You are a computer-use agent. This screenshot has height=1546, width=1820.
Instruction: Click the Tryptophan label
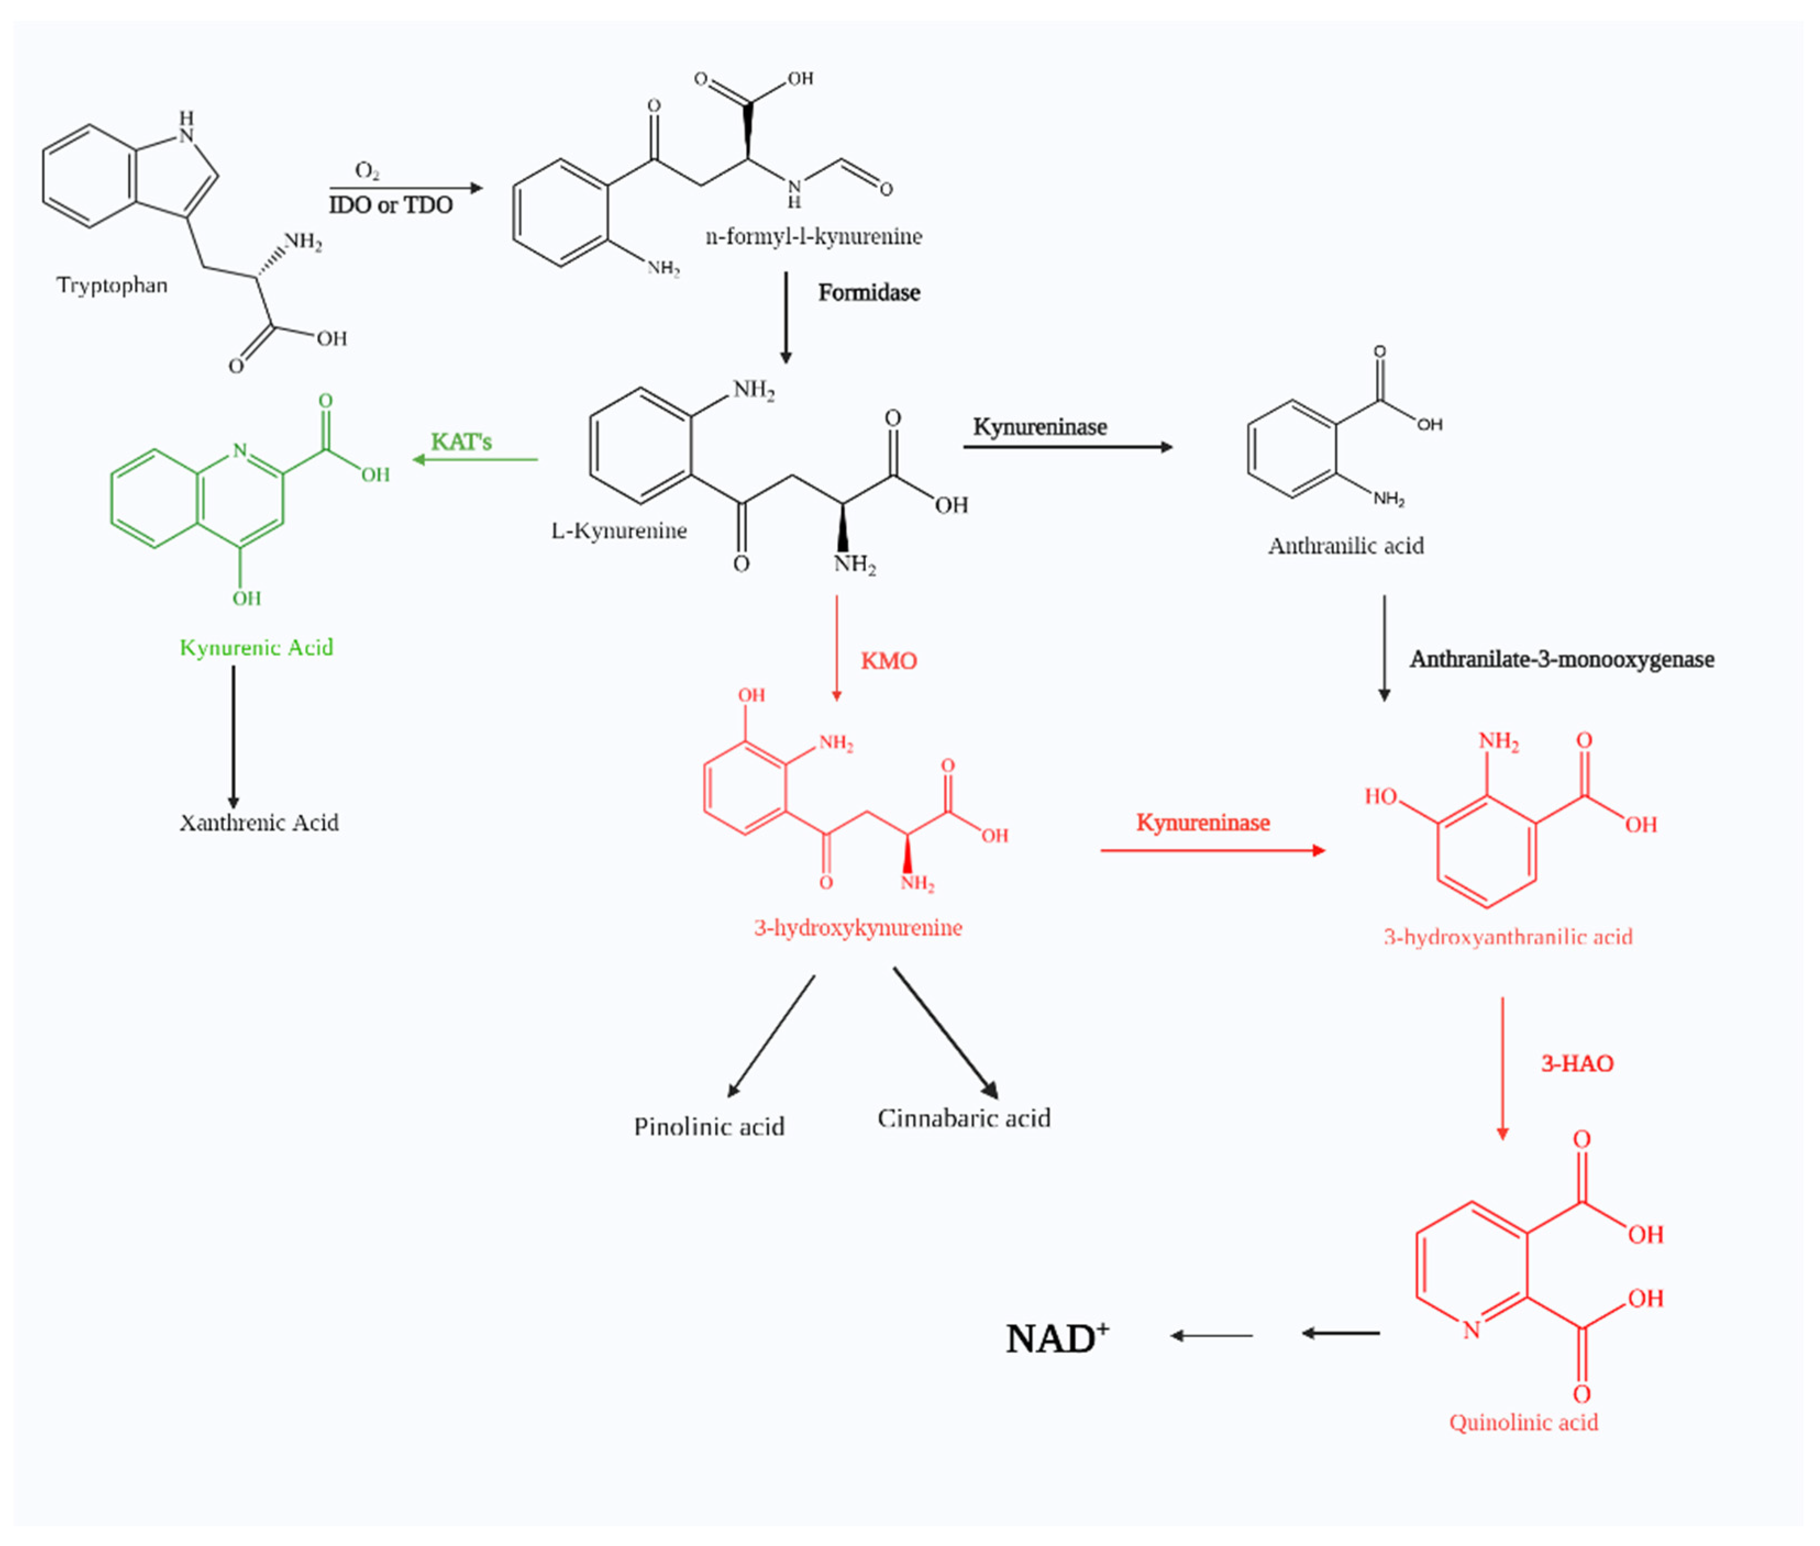point(112,285)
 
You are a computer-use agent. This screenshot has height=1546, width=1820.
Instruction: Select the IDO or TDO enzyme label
point(391,205)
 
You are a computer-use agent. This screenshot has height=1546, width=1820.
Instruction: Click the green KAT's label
point(461,442)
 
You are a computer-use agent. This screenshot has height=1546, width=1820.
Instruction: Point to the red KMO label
point(888,661)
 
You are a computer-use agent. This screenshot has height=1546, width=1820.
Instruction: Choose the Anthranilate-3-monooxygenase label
point(1562,659)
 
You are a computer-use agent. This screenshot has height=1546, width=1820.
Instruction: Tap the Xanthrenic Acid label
point(258,822)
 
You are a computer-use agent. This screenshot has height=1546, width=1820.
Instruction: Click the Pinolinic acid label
point(709,1126)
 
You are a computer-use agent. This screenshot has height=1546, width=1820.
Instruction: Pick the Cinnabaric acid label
point(964,1119)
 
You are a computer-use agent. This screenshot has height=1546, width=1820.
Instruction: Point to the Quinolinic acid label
point(1523,1421)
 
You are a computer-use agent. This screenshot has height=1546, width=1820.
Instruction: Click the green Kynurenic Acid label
point(256,648)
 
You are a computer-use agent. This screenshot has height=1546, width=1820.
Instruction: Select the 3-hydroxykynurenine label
point(858,927)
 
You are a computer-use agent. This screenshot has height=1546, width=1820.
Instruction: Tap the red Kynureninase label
point(1203,822)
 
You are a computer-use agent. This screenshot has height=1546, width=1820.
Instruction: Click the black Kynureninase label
point(1040,427)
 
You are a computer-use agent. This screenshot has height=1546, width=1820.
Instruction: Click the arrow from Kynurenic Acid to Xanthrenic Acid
point(233,736)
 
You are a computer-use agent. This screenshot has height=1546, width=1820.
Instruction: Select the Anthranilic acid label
point(1345,546)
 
